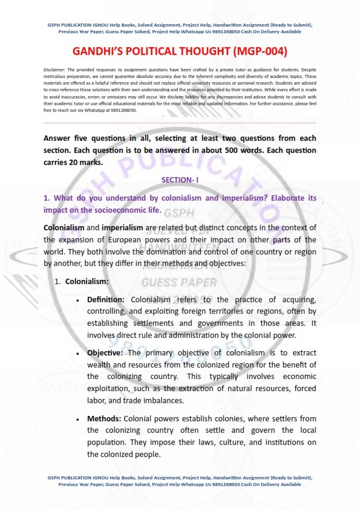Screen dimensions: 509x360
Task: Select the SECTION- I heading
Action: coord(180,180)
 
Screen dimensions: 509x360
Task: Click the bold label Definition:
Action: coord(106,300)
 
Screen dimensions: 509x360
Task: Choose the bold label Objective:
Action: coord(106,352)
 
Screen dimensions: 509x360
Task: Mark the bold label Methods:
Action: coord(105,418)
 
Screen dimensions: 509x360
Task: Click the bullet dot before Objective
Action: coord(78,353)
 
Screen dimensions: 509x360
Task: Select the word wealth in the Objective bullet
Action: coord(100,365)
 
